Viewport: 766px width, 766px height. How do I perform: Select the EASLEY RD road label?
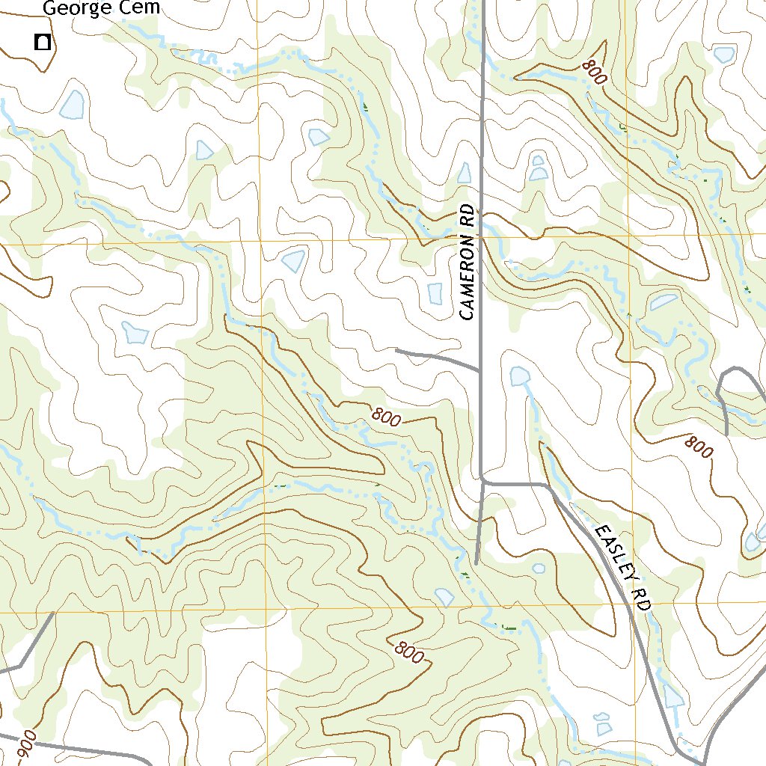click(622, 568)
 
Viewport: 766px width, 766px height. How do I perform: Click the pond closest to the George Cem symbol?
click(72, 105)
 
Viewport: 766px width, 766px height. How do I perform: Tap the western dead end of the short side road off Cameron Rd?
click(396, 349)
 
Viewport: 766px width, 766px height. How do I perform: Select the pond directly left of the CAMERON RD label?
click(435, 293)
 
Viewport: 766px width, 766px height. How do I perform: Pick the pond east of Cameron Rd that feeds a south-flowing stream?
click(518, 376)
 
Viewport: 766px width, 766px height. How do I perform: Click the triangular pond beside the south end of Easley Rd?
click(673, 697)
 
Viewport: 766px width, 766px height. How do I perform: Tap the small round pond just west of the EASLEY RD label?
click(538, 569)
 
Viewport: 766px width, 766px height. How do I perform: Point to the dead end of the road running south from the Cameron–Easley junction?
click(476, 563)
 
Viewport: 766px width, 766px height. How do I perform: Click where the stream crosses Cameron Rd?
click(481, 224)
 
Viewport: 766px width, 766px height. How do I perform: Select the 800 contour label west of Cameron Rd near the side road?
click(385, 420)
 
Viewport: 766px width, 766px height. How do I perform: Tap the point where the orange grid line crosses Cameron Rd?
click(481, 237)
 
